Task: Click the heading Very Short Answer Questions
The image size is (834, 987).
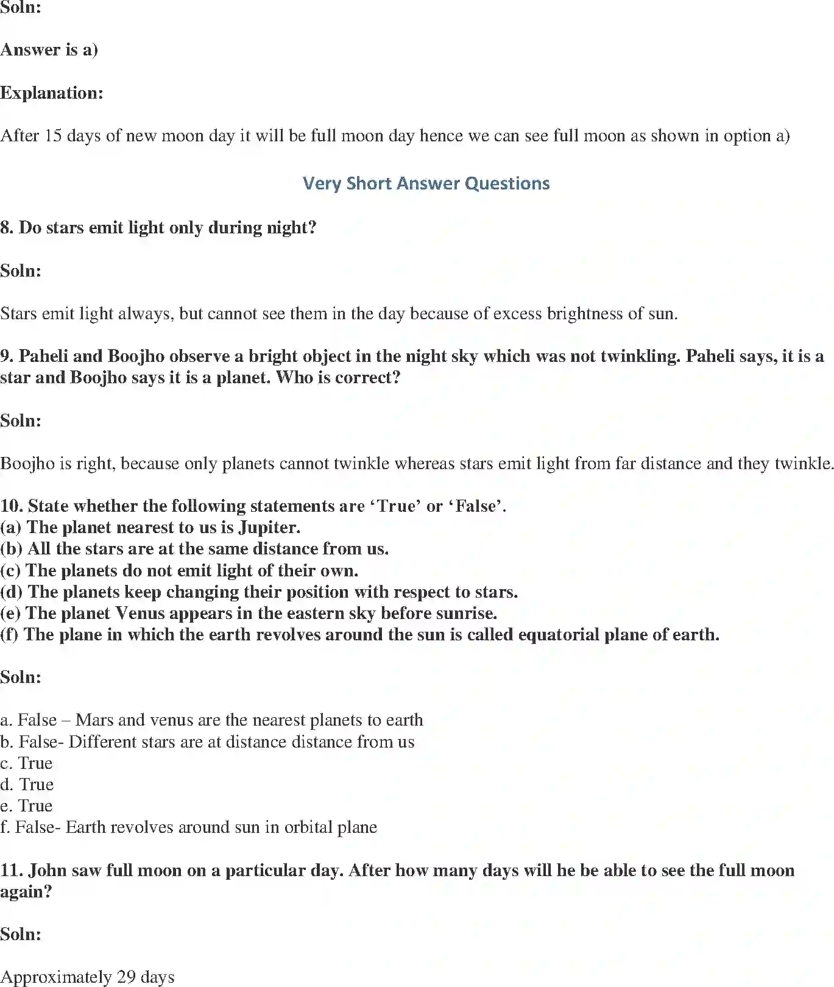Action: coord(426,183)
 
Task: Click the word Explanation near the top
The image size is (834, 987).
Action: coord(51,93)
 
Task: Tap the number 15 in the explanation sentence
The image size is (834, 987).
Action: coord(53,135)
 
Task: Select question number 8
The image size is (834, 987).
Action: coord(7,227)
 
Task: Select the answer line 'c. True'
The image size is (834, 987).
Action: coord(27,763)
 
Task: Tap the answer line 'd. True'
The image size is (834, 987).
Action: coord(27,784)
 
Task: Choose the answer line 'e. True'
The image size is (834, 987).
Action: coord(27,805)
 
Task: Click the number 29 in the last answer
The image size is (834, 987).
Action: coord(126,977)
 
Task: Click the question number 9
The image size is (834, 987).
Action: coord(7,356)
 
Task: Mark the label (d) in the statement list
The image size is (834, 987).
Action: coord(12,592)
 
